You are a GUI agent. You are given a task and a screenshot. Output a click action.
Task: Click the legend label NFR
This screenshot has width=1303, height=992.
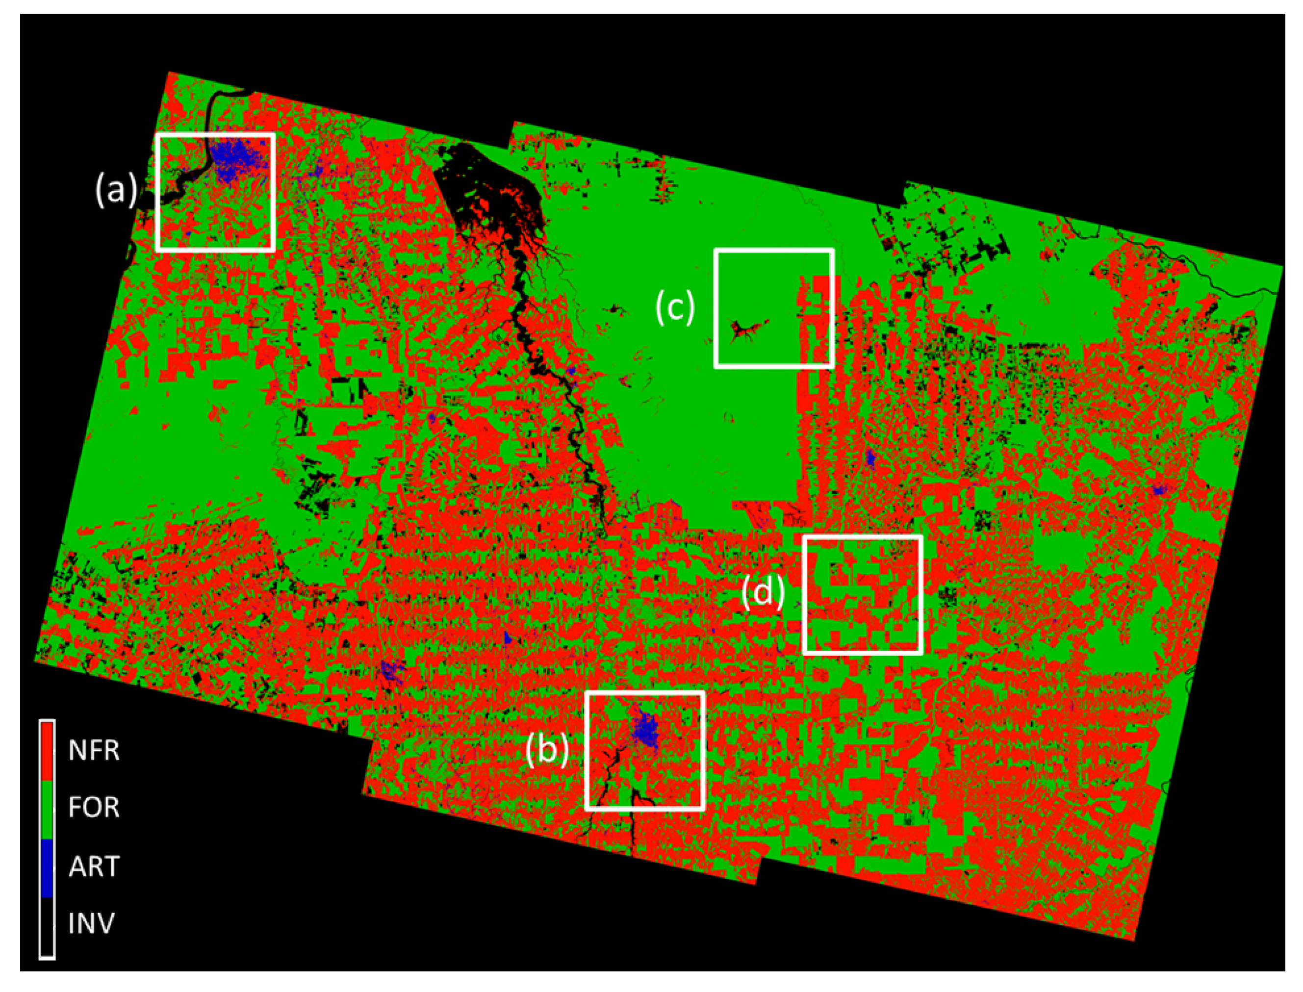(94, 750)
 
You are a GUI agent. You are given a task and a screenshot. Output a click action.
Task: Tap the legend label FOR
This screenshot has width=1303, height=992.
(94, 807)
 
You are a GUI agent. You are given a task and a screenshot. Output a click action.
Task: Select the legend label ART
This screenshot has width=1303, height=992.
(94, 866)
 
